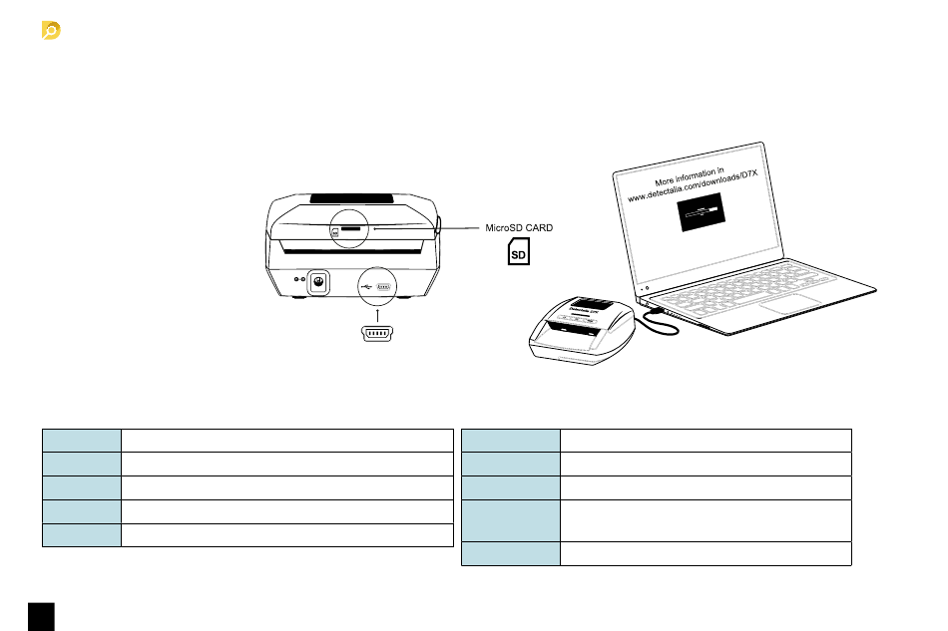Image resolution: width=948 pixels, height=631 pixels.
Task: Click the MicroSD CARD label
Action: point(518,228)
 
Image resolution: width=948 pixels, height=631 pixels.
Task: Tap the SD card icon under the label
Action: point(519,254)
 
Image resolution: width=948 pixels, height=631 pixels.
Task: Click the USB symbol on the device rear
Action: point(366,284)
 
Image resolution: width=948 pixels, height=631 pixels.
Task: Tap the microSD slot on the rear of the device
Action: point(350,228)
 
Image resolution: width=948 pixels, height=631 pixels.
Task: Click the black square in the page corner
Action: point(41,615)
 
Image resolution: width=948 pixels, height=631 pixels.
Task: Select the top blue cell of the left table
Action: point(81,441)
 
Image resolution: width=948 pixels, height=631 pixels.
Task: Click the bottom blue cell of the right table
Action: point(511,554)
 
